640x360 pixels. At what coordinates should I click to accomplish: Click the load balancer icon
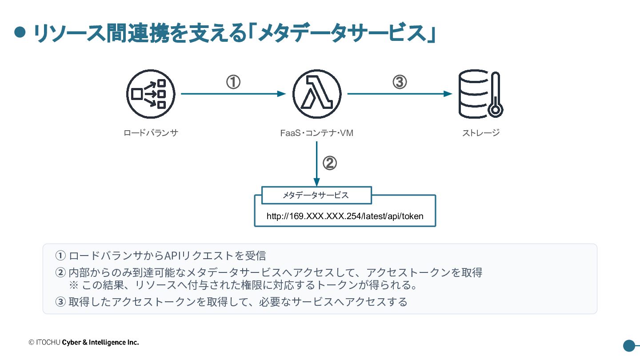[x=151, y=94]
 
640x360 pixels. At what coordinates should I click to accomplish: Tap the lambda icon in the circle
[x=317, y=94]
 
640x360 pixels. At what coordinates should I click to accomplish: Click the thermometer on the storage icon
[x=496, y=95]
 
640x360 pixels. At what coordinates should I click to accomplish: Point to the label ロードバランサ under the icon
[x=151, y=133]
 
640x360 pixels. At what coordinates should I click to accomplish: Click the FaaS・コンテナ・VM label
[x=317, y=133]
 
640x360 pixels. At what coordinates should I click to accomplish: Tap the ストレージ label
[x=481, y=133]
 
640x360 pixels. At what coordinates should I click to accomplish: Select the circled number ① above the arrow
[x=233, y=82]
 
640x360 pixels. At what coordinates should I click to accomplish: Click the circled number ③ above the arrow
[x=400, y=82]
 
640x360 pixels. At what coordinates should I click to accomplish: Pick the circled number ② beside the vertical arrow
[x=330, y=163]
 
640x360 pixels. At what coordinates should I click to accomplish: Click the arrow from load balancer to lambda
[x=233, y=94]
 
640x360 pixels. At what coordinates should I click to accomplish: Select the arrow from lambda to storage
[x=400, y=94]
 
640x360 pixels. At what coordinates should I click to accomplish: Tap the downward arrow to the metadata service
[x=316, y=164]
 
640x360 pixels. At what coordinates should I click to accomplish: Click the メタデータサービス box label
[x=316, y=195]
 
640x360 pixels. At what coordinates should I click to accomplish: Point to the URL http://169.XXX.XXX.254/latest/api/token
[x=345, y=216]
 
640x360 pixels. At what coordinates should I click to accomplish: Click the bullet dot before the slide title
[x=20, y=32]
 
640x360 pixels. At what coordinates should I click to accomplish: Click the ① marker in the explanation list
[x=60, y=256]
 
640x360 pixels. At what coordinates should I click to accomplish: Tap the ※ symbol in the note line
[x=74, y=285]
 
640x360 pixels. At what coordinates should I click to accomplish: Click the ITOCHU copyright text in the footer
[x=84, y=342]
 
